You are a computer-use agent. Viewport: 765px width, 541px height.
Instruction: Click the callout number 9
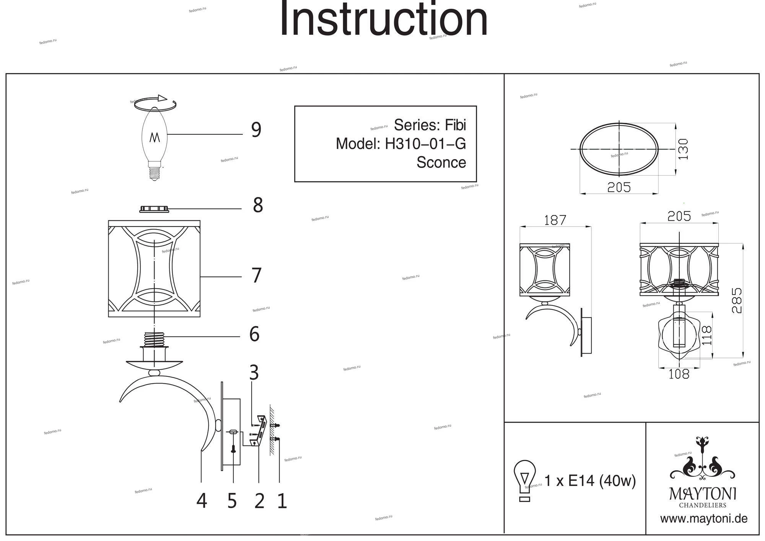[256, 130]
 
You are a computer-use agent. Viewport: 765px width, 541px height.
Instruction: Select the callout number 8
[258, 205]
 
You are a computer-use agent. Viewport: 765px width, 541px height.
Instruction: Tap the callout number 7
[256, 275]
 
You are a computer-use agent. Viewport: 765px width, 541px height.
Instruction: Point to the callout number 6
[254, 334]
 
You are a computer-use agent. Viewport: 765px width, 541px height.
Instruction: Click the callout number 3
[254, 372]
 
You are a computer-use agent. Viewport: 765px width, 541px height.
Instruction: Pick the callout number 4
[202, 500]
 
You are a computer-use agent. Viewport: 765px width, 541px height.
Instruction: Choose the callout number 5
[232, 500]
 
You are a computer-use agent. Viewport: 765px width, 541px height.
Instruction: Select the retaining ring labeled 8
[154, 209]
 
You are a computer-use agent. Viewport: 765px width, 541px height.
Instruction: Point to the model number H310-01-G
[425, 144]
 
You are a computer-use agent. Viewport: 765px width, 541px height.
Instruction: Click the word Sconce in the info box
[441, 163]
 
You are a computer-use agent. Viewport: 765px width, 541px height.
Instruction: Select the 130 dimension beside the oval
[683, 149]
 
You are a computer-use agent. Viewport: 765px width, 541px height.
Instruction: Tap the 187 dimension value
[555, 220]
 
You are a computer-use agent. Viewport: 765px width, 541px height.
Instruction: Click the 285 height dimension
[736, 301]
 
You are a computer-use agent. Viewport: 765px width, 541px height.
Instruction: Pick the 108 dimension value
[679, 374]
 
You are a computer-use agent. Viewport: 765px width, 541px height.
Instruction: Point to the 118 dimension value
[707, 335]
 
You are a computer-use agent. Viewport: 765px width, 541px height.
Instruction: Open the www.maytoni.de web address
[704, 519]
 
